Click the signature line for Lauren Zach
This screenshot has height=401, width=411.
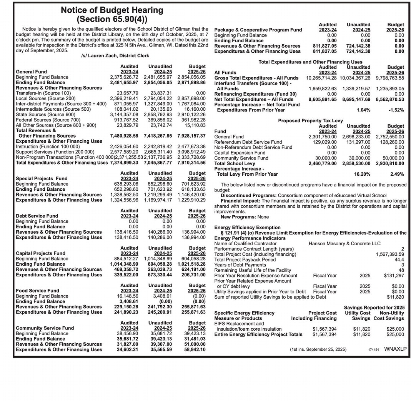pos(115,56)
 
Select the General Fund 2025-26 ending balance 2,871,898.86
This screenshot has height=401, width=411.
pos(191,83)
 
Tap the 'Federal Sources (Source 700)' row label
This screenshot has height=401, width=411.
pos(48,120)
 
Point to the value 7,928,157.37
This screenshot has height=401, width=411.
pos(191,136)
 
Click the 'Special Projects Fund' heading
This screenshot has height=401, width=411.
pos(41,178)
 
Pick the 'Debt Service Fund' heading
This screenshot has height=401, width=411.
pos(37,216)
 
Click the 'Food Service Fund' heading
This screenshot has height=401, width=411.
pos(37,291)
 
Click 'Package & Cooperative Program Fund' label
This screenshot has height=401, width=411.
pos(258,30)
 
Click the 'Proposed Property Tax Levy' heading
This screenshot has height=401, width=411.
pos(310,121)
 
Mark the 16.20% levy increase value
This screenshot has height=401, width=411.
pos(362,174)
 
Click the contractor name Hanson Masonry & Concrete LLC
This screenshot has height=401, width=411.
pos(344,243)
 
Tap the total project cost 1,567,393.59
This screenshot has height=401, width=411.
pos(390,254)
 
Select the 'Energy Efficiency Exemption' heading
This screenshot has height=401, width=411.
pos(247,227)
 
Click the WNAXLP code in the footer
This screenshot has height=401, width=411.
pos(395,349)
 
